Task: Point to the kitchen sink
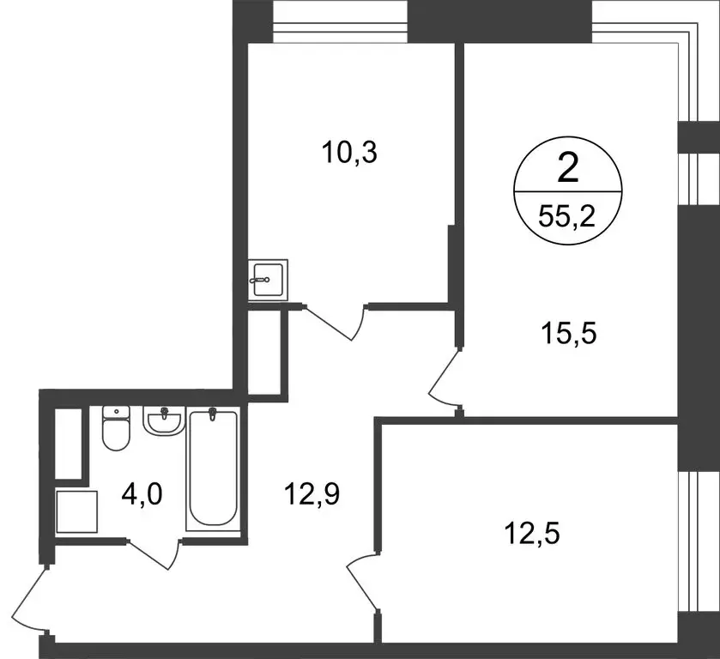coord(268,279)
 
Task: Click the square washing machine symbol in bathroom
coord(76,511)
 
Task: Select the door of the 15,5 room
coord(445,378)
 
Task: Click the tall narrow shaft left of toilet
coord(68,443)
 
